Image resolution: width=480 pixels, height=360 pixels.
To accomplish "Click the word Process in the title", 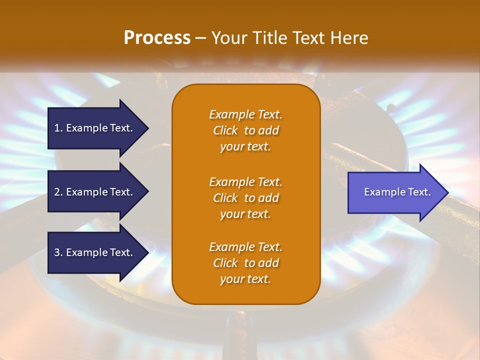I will coord(157,38).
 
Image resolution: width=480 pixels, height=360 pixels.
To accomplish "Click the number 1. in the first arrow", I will coord(58,128).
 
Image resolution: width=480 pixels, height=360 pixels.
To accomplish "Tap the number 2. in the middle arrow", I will coord(58,192).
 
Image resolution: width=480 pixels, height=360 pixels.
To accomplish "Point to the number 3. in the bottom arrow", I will coord(58,252).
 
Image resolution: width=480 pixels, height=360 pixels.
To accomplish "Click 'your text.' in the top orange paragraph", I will coord(245,147).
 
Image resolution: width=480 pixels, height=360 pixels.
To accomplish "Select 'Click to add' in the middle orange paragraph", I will coord(245,198).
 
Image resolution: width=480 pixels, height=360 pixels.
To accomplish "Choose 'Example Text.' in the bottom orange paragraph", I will coord(245,247).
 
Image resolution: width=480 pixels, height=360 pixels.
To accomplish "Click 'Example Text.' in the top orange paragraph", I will coord(245,114).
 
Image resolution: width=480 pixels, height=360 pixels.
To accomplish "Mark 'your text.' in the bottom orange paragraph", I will coord(245,279).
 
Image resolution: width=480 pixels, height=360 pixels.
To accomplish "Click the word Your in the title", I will coord(229,38).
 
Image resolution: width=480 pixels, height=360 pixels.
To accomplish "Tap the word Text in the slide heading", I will coord(306,38).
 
